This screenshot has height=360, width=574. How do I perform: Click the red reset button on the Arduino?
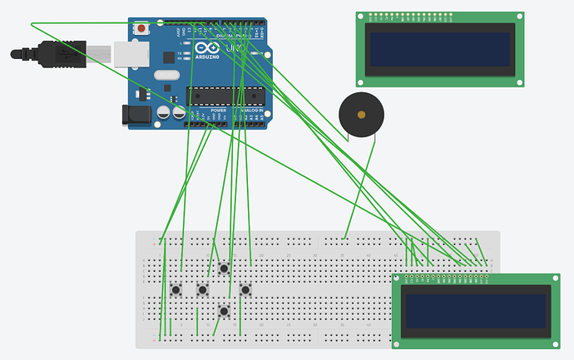click(x=141, y=29)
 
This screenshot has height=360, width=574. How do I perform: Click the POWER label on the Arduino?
click(x=218, y=110)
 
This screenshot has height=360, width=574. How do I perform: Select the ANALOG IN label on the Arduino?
click(x=251, y=110)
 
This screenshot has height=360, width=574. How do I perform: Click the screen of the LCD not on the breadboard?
click(x=440, y=49)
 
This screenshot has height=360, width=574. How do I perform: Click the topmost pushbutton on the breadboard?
click(x=223, y=268)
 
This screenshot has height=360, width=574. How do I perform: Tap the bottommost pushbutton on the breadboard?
click(x=224, y=311)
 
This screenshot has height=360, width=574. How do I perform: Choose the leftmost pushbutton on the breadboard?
click(x=176, y=289)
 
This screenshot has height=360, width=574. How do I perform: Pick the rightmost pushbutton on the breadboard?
click(x=245, y=289)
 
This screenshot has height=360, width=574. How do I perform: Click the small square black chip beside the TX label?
click(x=169, y=57)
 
